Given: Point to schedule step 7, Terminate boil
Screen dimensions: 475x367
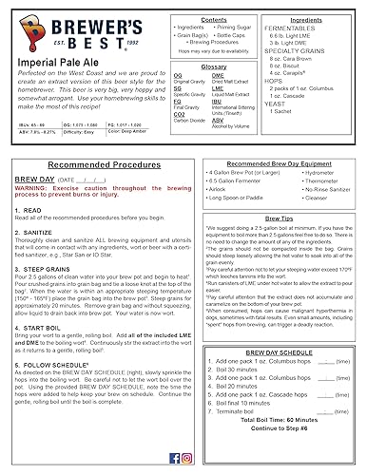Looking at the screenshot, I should coord(246,408).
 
